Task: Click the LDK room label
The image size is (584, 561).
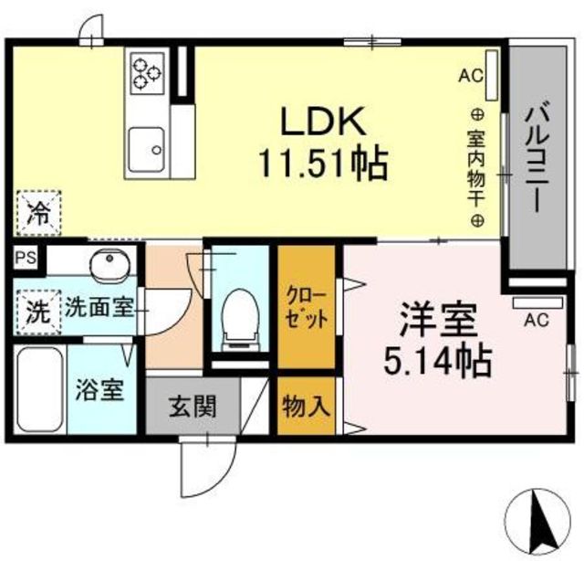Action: (x=322, y=121)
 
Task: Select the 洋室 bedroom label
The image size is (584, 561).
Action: (x=439, y=320)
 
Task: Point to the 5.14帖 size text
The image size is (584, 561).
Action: (x=438, y=361)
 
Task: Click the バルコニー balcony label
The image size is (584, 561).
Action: (x=537, y=160)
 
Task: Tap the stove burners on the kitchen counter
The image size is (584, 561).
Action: (x=147, y=73)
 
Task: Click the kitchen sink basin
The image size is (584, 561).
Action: (x=146, y=150)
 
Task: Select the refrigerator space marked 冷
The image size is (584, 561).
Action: (x=38, y=213)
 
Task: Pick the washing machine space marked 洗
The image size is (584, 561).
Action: (x=38, y=312)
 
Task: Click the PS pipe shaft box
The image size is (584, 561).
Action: (x=26, y=259)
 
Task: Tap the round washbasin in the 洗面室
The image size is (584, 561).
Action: (x=109, y=264)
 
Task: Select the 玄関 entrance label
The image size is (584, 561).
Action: (x=193, y=407)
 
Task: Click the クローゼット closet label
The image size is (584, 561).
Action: (x=307, y=308)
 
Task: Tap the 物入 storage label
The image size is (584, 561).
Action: (x=307, y=407)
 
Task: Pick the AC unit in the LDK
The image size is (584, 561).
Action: (x=491, y=75)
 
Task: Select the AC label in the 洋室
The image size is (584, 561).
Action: (x=537, y=320)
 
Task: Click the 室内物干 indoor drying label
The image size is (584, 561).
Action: (x=476, y=167)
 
